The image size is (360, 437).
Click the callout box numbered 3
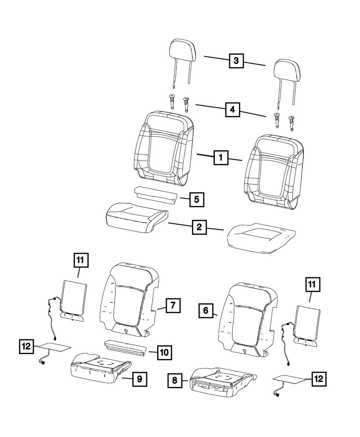(x=236, y=61)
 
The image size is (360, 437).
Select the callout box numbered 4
(x=233, y=109)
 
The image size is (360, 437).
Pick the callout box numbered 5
(x=196, y=199)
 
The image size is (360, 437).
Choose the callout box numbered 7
(x=172, y=306)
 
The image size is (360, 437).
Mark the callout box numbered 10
(x=164, y=352)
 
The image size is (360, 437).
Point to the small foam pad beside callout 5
(x=155, y=195)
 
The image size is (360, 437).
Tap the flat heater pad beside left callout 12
(x=54, y=347)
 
